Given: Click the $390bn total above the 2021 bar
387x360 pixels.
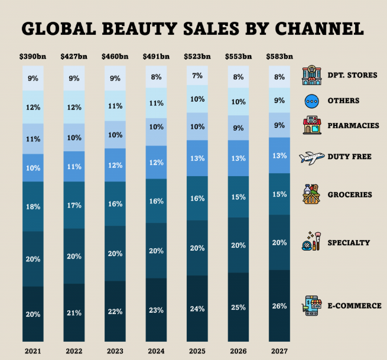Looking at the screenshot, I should [33, 57].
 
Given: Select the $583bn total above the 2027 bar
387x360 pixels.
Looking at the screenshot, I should [279, 57].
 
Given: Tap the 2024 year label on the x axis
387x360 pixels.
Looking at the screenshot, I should [156, 351].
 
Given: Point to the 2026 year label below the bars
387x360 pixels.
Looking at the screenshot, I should [238, 351].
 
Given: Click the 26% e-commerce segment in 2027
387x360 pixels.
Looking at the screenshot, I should [279, 306].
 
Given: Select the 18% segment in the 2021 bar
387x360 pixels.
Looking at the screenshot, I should [33, 206].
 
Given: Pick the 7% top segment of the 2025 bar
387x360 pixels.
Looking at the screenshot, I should [197, 76].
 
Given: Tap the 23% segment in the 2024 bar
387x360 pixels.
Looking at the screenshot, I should [156, 309].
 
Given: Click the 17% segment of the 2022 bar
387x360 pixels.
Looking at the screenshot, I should [74, 205].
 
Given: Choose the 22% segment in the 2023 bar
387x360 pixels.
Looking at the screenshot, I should [115, 311].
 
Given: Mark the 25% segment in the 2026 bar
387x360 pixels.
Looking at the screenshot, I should [238, 307].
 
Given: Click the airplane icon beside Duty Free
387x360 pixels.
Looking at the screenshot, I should [313, 157].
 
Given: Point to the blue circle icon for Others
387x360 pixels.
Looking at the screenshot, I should [311, 100].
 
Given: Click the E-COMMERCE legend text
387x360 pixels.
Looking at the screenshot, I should [355, 306].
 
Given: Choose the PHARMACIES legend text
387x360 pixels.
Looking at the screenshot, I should [353, 126].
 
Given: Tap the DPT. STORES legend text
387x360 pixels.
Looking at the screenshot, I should [353, 76].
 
